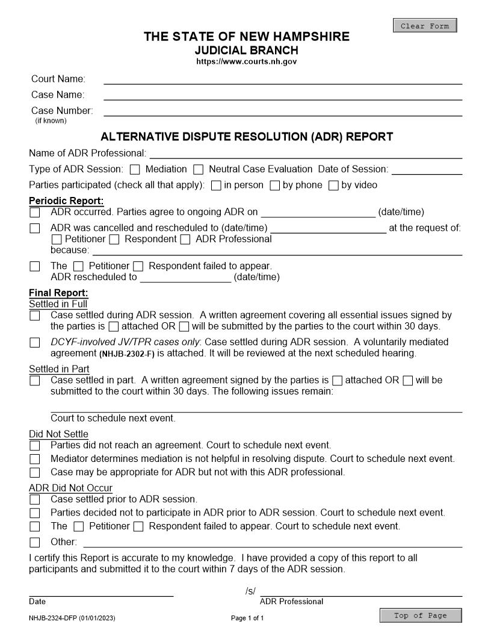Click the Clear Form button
(x=425, y=26)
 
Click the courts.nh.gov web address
(x=246, y=62)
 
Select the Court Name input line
(x=283, y=79)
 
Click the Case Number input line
(x=283, y=111)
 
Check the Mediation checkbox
(x=135, y=170)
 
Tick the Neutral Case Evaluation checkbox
(x=199, y=170)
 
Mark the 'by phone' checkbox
(x=274, y=185)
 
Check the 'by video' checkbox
(x=333, y=185)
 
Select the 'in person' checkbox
(x=216, y=185)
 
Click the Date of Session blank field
(x=427, y=170)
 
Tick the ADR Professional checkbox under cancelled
(x=185, y=240)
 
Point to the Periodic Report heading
(x=66, y=201)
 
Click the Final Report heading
(x=58, y=293)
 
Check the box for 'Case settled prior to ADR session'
(x=35, y=500)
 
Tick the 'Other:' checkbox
(x=35, y=542)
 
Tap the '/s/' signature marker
(x=250, y=591)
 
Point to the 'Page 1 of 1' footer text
(x=247, y=619)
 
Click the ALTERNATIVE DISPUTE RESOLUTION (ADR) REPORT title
(x=247, y=137)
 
